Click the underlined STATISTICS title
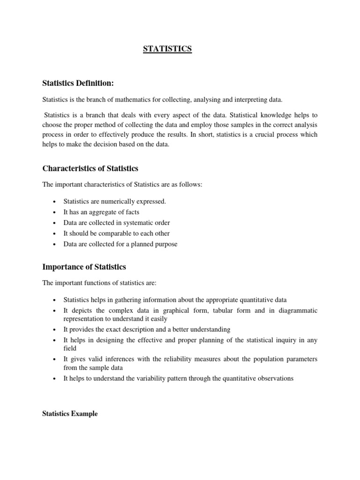click(167, 49)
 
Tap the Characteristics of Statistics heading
click(90, 168)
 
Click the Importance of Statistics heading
click(84, 267)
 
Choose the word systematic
click(139, 223)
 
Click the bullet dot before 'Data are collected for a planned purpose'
click(55, 244)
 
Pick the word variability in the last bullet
click(143, 379)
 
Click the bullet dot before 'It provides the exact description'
click(55, 330)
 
